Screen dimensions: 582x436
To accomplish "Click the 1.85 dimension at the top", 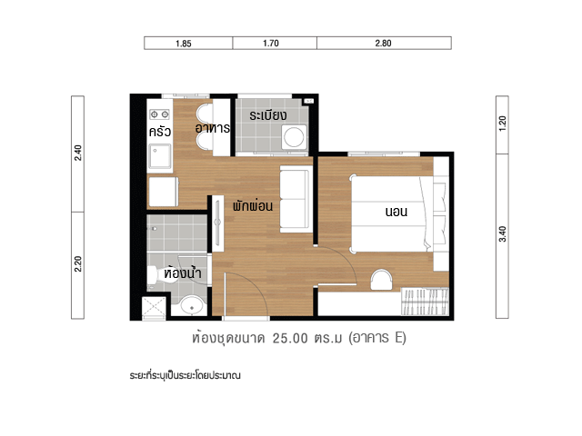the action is (x=184, y=44).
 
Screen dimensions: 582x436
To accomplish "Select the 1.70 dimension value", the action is (x=271, y=43).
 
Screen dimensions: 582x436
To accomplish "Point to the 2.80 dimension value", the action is (x=383, y=43).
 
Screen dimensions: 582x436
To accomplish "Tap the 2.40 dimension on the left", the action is (x=78, y=153).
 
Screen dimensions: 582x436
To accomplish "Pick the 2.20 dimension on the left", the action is (x=78, y=264).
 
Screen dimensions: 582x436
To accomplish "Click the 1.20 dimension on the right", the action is (x=502, y=124).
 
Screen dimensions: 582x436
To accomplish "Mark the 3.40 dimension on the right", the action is (x=502, y=234).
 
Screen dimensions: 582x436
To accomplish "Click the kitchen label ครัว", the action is (x=160, y=131).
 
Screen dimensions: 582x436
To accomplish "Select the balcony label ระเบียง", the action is (x=268, y=115).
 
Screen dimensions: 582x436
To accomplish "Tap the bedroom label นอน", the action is (x=396, y=212).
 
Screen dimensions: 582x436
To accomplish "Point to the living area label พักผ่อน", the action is (x=253, y=205).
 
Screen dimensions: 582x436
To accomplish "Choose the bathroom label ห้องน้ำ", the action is (x=183, y=272).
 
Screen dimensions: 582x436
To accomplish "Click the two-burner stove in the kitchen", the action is (x=160, y=114).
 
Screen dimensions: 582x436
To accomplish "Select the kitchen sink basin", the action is (x=160, y=156).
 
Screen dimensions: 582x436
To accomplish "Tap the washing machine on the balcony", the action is (x=294, y=137).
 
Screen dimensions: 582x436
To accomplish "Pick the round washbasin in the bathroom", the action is (x=192, y=306).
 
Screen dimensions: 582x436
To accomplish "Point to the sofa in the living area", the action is (x=295, y=199).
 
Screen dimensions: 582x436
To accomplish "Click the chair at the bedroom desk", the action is (x=381, y=280).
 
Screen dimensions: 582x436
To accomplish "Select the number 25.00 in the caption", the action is (x=290, y=338).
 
